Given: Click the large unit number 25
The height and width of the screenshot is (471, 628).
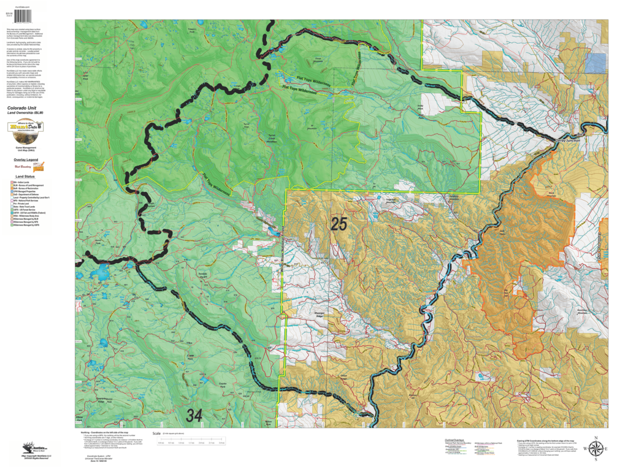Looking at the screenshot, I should pos(339,223).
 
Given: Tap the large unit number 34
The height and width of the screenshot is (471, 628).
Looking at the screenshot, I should pos(194,415).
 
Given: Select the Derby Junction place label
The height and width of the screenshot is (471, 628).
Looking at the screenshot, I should pos(567,140).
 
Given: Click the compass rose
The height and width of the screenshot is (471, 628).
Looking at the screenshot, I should pos(597,449).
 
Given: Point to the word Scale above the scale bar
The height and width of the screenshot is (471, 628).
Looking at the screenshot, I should pos(157,434).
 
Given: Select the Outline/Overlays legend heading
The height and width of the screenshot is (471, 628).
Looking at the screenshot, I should pos(454,440).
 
